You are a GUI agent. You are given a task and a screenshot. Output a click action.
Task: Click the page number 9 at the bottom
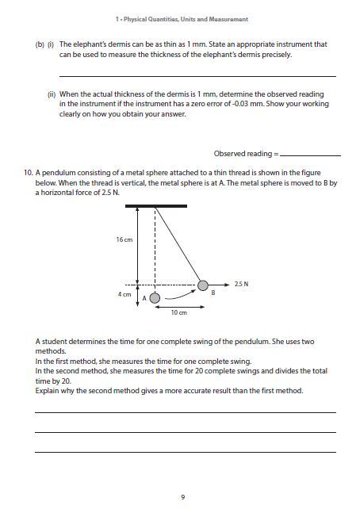182,496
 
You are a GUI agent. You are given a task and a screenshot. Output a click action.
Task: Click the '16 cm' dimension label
124,239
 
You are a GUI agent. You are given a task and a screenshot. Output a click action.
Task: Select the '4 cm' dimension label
124,294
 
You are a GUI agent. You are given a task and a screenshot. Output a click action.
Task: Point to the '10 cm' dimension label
178,313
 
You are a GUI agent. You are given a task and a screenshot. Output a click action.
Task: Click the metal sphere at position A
155,298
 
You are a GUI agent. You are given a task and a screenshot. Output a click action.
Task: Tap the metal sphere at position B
204,285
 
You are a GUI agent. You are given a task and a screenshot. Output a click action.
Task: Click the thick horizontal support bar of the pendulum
155,205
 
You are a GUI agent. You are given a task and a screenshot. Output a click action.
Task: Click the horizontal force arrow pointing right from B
222,285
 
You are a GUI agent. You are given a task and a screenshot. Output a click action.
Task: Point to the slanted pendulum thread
178,243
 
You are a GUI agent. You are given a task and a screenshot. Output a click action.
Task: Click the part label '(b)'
40,45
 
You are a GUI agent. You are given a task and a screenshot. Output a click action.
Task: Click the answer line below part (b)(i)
197,76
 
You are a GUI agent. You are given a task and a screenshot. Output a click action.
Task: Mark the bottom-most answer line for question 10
185,452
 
